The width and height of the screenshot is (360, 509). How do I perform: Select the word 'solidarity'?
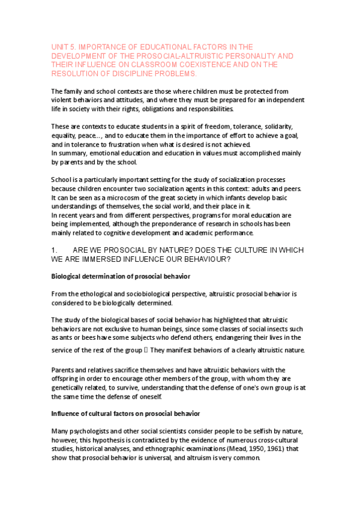coord(275,127)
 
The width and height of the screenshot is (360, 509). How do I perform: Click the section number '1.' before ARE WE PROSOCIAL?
coord(55,248)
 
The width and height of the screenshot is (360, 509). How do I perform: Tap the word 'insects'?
coord(272,330)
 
